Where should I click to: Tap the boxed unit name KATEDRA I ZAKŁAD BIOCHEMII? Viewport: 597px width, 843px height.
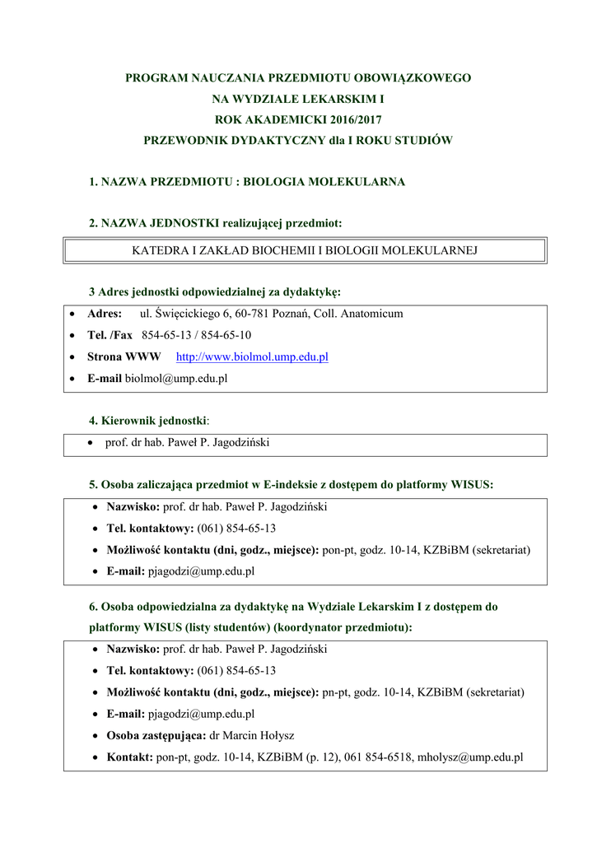(305, 249)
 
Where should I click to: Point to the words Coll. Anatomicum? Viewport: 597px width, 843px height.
(358, 314)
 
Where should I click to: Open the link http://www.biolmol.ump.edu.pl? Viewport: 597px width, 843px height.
(252, 357)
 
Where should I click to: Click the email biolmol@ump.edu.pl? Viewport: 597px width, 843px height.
(175, 379)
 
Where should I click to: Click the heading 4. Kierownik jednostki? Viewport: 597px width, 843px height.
(148, 421)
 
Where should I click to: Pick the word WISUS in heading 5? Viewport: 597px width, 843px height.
(472, 485)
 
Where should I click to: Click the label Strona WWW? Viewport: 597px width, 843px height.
(124, 357)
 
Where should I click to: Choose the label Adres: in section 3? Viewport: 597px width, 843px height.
(105, 314)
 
